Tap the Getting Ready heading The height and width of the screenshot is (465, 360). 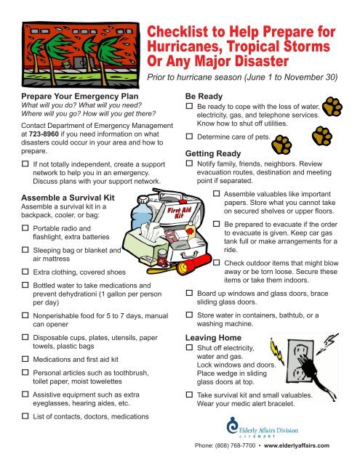[215, 154]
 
